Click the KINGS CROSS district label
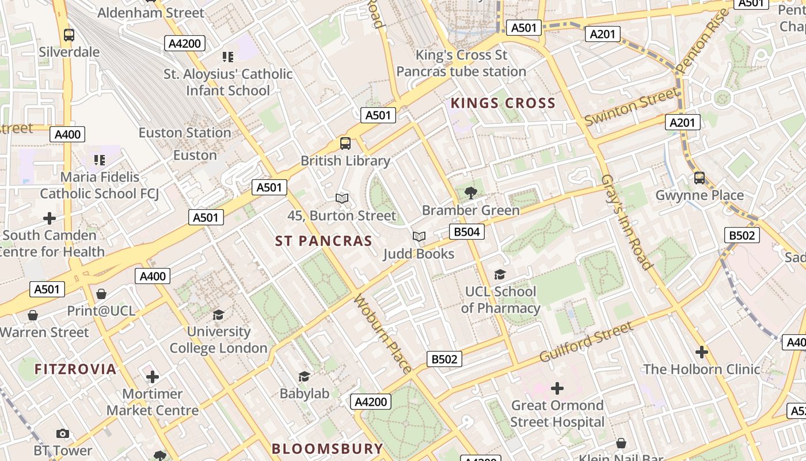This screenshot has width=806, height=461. tap(503, 104)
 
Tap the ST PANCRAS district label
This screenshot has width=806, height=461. tap(324, 241)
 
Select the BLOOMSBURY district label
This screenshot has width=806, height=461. tap(327, 448)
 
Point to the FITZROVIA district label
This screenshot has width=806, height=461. tap(75, 369)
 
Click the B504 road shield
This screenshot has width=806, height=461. tap(466, 232)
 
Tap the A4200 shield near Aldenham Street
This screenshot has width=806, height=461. tap(184, 43)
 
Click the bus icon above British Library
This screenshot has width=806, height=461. tap(345, 143)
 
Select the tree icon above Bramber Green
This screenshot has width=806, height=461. tap(471, 193)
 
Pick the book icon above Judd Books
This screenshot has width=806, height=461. tap(419, 237)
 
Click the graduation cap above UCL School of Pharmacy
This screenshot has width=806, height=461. tap(500, 275)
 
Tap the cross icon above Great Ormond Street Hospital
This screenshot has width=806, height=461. tap(557, 388)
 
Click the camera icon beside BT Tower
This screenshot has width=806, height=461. tap(63, 433)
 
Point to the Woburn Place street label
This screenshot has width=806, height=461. tap(382, 334)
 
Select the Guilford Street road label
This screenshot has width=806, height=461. tap(586, 342)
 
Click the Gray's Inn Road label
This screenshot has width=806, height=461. tap(627, 222)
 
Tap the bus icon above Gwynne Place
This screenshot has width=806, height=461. tap(699, 178)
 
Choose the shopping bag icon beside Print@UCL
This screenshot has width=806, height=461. tap(101, 294)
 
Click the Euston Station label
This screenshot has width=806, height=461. tap(184, 133)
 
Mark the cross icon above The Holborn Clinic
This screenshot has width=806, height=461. tap(701, 352)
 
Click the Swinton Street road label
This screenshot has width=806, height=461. tap(632, 107)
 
